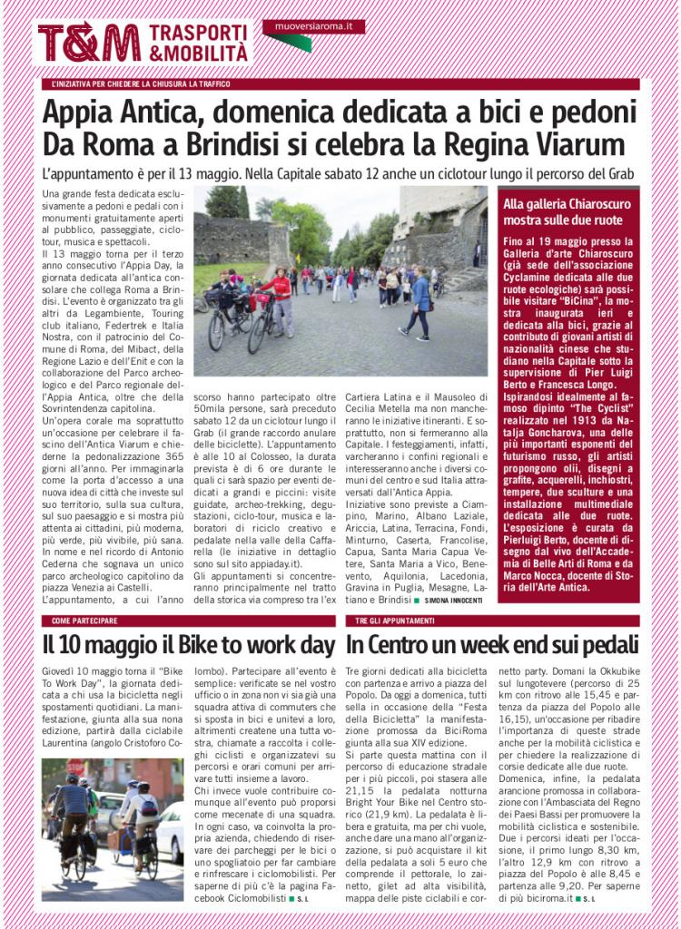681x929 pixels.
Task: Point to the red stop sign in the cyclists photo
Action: click(x=76, y=768)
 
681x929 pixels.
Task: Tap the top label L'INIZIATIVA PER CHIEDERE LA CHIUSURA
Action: click(x=140, y=83)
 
